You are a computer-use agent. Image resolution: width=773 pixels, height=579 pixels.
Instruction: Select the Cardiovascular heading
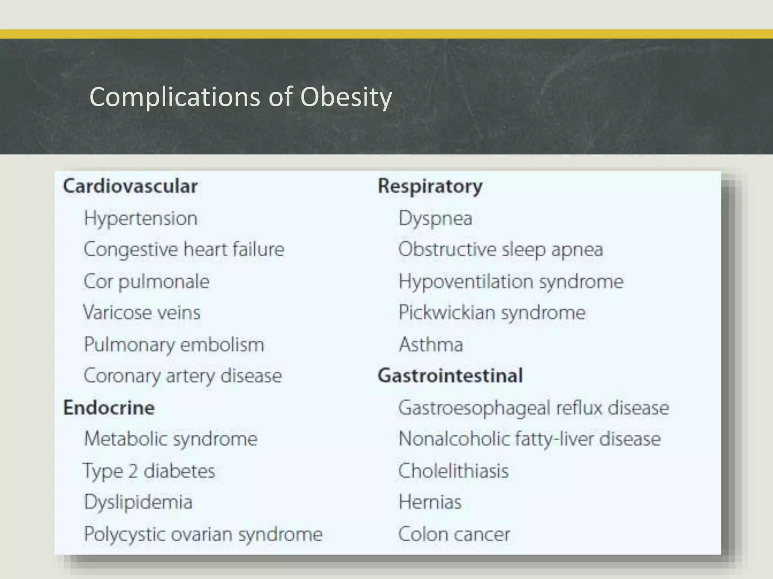(130, 186)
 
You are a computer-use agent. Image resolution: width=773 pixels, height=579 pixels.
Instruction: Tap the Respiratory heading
(430, 187)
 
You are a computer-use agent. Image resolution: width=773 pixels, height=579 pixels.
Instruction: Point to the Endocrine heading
(109, 408)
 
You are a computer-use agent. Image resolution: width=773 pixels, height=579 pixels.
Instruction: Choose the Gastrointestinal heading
(450, 376)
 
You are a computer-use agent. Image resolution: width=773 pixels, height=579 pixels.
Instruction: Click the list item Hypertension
(140, 219)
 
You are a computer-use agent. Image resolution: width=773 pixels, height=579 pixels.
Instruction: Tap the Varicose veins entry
(142, 313)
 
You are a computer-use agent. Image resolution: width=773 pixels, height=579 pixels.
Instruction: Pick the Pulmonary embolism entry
(174, 345)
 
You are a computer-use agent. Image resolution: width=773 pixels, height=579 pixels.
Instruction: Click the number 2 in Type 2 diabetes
(132, 471)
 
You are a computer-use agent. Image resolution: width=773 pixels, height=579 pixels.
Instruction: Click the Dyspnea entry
(435, 219)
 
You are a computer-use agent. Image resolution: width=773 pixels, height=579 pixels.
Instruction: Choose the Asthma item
(431, 345)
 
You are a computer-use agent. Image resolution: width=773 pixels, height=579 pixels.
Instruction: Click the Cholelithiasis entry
(453, 471)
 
